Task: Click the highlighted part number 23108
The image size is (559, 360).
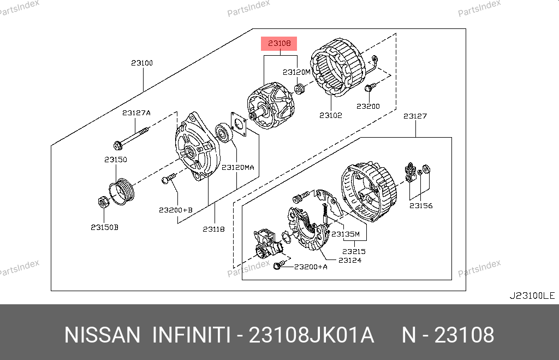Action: point(279,43)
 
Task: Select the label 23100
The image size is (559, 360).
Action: point(142,63)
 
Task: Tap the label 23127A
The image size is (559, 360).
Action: point(136,113)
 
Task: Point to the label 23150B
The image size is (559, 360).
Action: point(104,227)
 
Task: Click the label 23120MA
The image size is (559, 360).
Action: point(238,167)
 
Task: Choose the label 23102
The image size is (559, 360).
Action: point(330,115)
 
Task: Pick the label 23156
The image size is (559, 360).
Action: point(421,205)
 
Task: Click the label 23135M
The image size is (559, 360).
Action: point(346,234)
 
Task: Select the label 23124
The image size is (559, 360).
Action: point(350,260)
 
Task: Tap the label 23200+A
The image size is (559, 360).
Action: point(311,267)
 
